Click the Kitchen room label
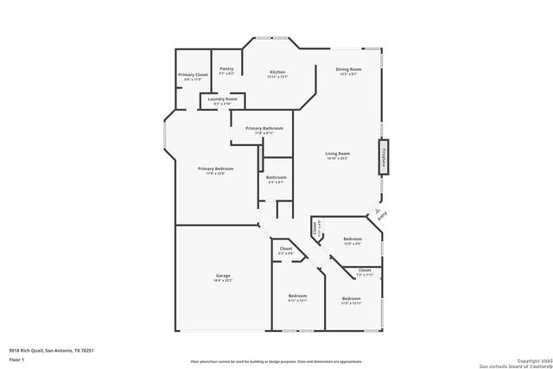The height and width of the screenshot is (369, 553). [276, 73]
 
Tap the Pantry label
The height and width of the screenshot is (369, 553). [226, 70]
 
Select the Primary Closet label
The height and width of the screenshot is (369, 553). [193, 77]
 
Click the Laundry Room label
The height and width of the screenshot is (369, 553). [216, 101]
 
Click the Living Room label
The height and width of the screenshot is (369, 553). [337, 155]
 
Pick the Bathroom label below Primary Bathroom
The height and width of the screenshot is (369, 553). [276, 180]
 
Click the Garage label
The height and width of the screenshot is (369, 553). [222, 278]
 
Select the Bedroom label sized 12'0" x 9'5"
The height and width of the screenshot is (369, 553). [352, 240]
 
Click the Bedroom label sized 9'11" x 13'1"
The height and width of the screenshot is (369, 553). [297, 298]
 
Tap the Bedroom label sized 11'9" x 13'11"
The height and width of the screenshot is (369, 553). [351, 300]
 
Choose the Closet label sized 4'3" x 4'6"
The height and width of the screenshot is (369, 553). [285, 251]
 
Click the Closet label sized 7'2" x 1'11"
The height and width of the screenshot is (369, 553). [365, 272]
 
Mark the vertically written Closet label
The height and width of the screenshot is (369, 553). [315, 229]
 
